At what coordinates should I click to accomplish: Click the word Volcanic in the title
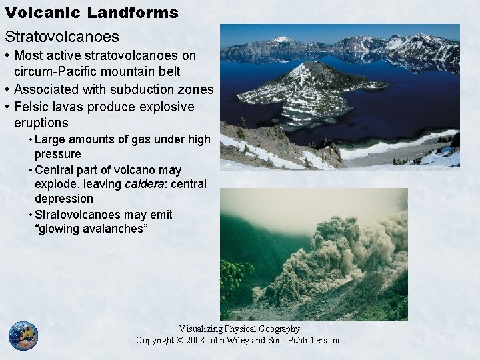tap(35, 12)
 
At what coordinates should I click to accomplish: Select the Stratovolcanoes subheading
tap(62, 36)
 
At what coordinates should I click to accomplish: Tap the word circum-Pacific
tap(57, 72)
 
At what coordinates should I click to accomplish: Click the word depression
tap(64, 199)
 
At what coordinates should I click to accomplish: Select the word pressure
tap(57, 154)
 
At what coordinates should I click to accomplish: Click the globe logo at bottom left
tap(23, 336)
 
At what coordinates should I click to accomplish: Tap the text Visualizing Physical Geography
tap(239, 329)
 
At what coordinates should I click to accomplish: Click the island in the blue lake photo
tap(310, 87)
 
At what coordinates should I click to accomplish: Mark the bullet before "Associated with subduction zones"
tap(7, 89)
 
